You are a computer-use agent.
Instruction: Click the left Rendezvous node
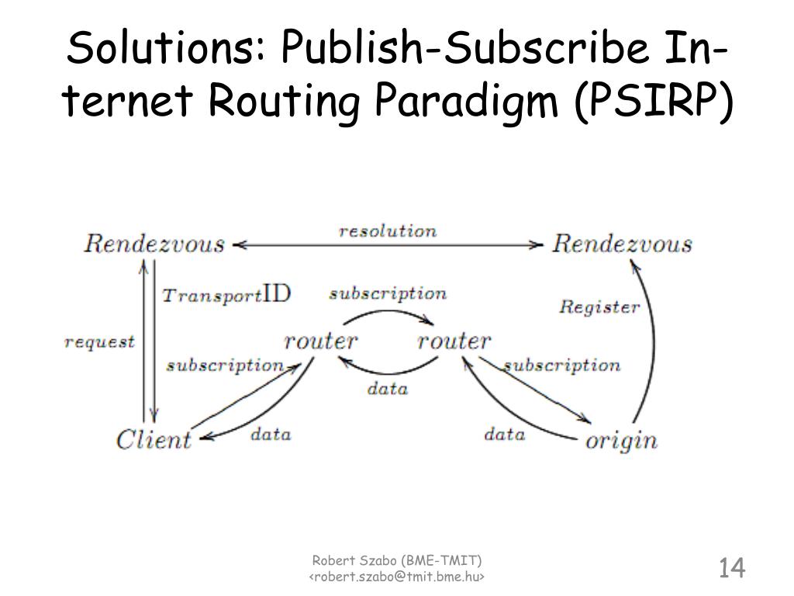click(154, 244)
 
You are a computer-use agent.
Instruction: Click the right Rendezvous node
click(622, 244)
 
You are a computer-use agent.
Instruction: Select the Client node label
click(154, 439)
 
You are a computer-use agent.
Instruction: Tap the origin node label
click(621, 441)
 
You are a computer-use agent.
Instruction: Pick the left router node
click(321, 341)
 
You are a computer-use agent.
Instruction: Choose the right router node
click(454, 341)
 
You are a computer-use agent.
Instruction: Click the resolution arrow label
click(388, 231)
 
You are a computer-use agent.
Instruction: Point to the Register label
click(599, 307)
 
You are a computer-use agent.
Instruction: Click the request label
click(99, 341)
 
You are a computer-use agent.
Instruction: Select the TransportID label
click(226, 295)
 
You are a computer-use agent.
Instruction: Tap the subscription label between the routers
click(388, 294)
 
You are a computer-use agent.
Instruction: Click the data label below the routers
click(387, 389)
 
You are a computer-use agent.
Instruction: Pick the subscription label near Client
click(225, 365)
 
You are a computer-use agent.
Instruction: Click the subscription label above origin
click(562, 365)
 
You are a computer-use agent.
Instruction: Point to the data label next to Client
click(271, 434)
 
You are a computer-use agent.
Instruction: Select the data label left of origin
click(505, 434)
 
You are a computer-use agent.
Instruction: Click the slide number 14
click(731, 568)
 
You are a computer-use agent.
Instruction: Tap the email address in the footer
click(397, 577)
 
